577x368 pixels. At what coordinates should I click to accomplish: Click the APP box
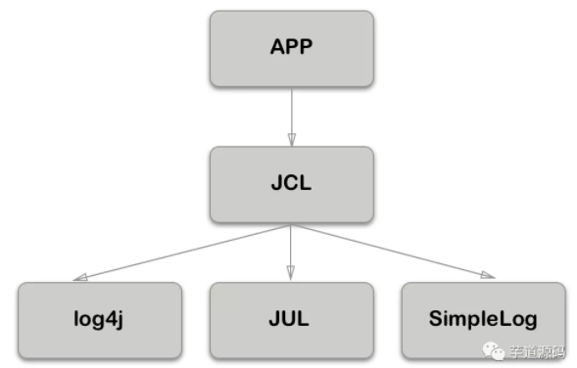point(291,48)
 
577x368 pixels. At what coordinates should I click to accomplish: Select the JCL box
point(291,184)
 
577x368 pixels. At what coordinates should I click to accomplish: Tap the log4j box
point(100,319)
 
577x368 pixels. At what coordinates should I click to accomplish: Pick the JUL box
point(291,319)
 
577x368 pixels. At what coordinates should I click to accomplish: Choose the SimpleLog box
point(483,319)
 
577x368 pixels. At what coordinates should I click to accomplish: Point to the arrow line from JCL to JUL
point(291,250)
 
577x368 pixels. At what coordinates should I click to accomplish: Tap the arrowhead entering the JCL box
point(291,140)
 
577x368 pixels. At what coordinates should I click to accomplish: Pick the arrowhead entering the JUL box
point(291,276)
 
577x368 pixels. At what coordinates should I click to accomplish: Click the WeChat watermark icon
point(495,348)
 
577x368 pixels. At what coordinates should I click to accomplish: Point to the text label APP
point(291,48)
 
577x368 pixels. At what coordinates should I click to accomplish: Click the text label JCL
point(291,184)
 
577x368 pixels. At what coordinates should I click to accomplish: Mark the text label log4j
point(100,320)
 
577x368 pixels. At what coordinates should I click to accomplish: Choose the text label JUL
point(291,319)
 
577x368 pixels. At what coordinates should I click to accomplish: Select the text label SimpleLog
point(483,320)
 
